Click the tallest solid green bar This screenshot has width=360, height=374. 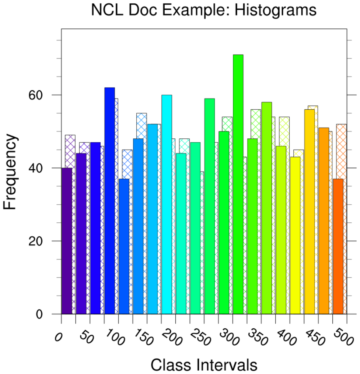(x=238, y=184)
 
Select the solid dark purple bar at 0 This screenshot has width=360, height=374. (x=67, y=241)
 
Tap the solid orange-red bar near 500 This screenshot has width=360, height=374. (x=338, y=246)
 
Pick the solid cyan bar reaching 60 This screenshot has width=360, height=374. (x=167, y=204)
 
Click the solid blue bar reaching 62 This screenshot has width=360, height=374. (x=109, y=201)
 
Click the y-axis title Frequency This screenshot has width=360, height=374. (x=11, y=172)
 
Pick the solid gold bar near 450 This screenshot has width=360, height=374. (x=310, y=212)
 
